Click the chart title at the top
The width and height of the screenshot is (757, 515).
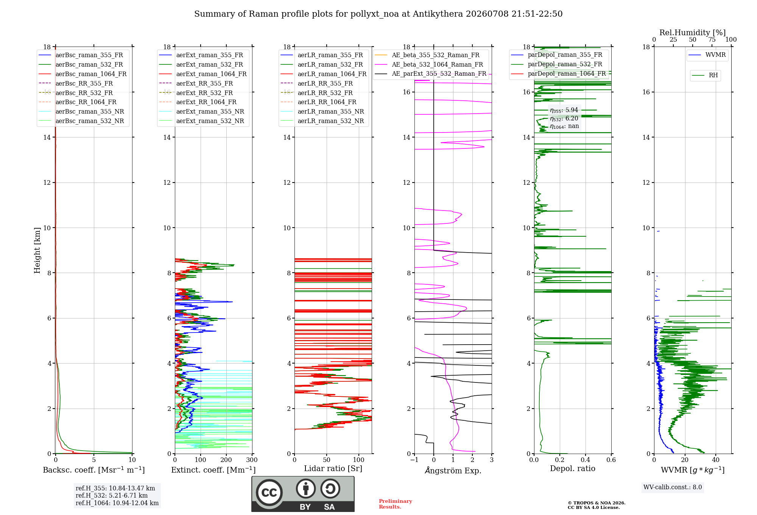378,14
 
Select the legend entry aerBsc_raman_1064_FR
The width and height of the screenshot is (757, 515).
91,74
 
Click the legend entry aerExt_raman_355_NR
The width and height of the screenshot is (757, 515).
210,112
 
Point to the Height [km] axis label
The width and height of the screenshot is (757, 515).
37,250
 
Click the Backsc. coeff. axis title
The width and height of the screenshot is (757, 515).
94,470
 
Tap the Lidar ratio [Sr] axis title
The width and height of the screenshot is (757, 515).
333,469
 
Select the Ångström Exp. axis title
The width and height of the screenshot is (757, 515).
453,470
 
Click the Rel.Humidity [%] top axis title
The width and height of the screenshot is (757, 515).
693,33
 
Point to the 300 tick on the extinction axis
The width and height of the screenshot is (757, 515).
252,460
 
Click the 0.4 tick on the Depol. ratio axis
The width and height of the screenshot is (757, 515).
586,460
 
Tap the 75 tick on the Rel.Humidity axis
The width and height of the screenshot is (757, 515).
712,40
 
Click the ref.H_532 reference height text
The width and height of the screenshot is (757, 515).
112,496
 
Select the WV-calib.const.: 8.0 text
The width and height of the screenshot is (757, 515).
673,487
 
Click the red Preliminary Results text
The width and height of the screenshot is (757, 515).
396,504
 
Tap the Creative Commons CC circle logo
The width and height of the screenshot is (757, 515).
269,493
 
